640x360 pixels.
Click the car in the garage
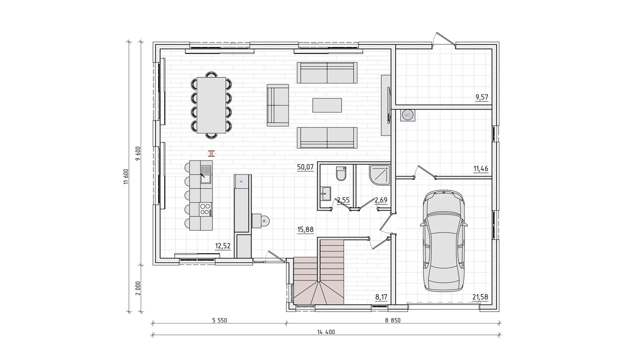[443, 241]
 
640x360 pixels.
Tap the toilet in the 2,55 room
[341, 173]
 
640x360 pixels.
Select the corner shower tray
[379, 174]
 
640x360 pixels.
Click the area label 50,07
[305, 167]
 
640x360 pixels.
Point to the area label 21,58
[480, 297]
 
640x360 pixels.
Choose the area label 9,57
[481, 97]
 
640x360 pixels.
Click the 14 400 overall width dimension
[326, 331]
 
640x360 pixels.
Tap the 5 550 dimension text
[219, 320]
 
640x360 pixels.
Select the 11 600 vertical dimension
[126, 176]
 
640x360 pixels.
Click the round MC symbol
[407, 115]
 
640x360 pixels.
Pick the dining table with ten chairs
[211, 105]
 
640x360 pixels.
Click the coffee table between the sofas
[327, 105]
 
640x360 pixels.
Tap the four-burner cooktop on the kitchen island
[205, 208]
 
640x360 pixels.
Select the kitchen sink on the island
[205, 174]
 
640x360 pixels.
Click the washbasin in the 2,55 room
[325, 193]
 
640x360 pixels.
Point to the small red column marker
[211, 153]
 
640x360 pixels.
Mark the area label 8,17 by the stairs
[381, 297]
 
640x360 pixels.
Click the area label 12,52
[222, 246]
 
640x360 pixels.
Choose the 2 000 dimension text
[138, 288]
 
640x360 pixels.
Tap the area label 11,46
[481, 168]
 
